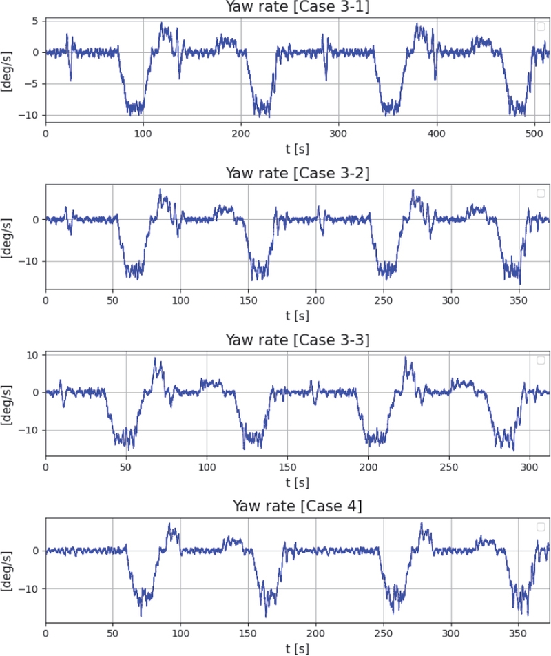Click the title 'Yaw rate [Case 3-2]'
point(298,173)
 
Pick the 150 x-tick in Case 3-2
point(248,300)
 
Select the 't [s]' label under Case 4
point(298,648)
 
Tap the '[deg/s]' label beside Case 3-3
point(8,404)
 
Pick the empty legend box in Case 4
point(541,527)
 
